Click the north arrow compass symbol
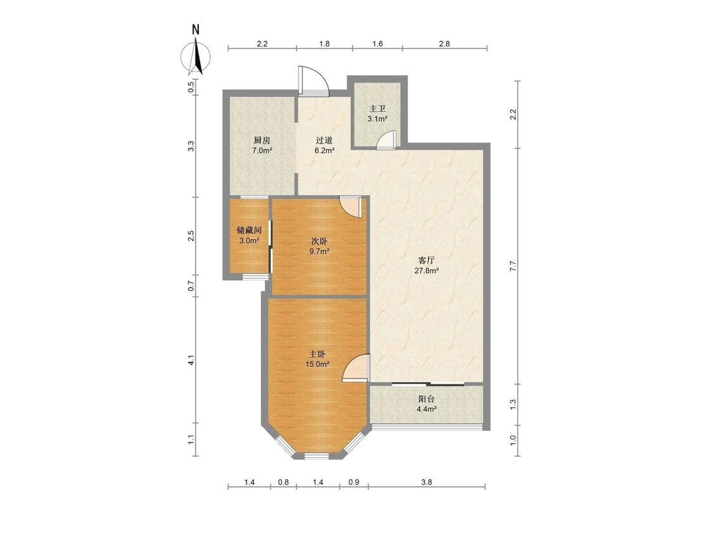tap(196, 57)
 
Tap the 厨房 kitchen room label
tap(262, 140)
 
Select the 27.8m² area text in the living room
tap(427, 271)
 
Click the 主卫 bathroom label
tap(378, 109)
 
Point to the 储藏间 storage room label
tap(249, 230)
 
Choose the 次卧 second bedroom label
tap(319, 241)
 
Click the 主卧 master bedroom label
tap(318, 354)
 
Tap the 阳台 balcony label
tap(427, 399)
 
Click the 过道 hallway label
tap(324, 140)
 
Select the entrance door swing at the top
tap(313, 81)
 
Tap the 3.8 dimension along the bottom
tap(427, 482)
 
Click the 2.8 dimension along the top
tap(444, 44)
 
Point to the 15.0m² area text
tap(318, 364)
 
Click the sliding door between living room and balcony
tap(428, 385)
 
